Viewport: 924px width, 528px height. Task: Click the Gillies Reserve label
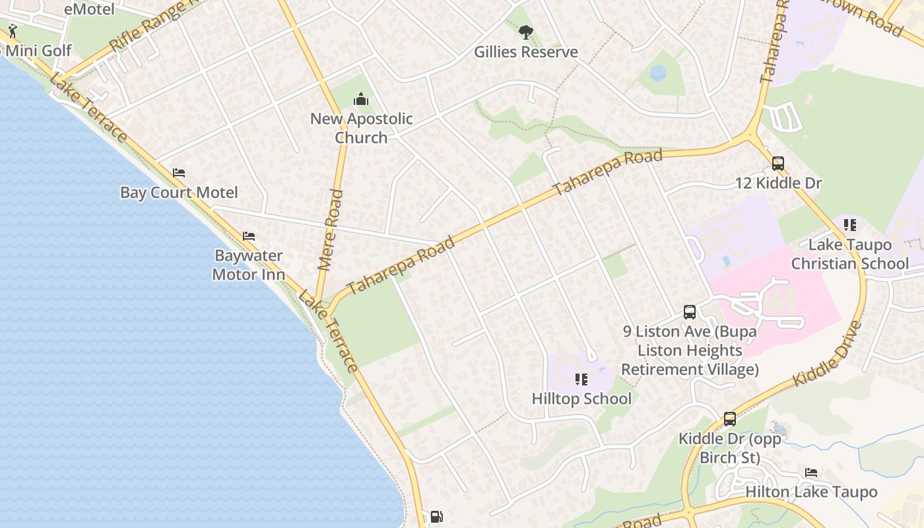526,52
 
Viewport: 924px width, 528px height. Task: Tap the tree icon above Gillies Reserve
525,32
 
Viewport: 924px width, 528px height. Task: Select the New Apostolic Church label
361,128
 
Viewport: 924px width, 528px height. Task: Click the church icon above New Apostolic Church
360,100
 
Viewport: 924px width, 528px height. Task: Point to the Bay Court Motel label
179,193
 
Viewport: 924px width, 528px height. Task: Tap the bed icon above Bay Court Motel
178,174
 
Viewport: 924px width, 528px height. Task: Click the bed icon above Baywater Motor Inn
248,236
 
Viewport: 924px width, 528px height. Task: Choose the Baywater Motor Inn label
248,265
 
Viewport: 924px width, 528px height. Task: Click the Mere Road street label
331,230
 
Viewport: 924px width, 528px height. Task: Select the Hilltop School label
581,399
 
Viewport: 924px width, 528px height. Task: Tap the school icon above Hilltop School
581,379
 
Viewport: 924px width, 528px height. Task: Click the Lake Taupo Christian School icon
850,225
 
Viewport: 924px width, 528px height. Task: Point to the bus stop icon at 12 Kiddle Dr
778,164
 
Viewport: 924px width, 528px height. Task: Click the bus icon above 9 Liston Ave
690,312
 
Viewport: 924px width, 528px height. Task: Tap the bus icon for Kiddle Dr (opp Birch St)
729,418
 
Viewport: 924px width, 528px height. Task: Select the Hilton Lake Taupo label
811,492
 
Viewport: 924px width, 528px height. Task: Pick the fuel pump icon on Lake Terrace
436,517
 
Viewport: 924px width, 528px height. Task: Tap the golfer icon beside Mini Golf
13,31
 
